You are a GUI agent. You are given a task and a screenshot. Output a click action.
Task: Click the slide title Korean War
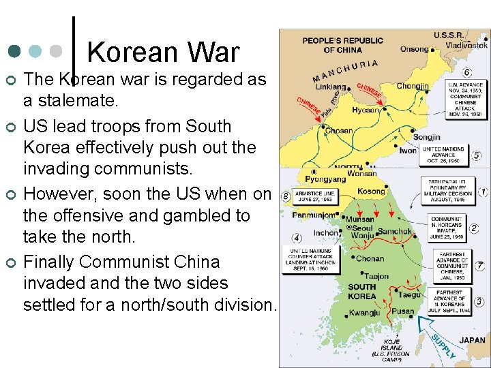[x=163, y=52]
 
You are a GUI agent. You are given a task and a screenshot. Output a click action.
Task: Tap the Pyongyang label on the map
[x=325, y=179]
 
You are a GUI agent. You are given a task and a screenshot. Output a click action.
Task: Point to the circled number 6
[x=467, y=72]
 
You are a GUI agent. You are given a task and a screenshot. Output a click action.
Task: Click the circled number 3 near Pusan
[x=479, y=301]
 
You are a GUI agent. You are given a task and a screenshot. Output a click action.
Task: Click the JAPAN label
[x=472, y=340]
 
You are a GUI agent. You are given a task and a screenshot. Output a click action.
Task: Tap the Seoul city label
[x=363, y=228]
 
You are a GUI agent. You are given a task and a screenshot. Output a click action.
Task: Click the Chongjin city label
[x=413, y=87]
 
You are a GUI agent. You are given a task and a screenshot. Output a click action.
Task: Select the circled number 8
[x=286, y=197]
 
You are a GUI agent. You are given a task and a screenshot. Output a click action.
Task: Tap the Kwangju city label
[x=364, y=313]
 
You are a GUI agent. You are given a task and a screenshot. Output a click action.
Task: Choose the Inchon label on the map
[x=326, y=232]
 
